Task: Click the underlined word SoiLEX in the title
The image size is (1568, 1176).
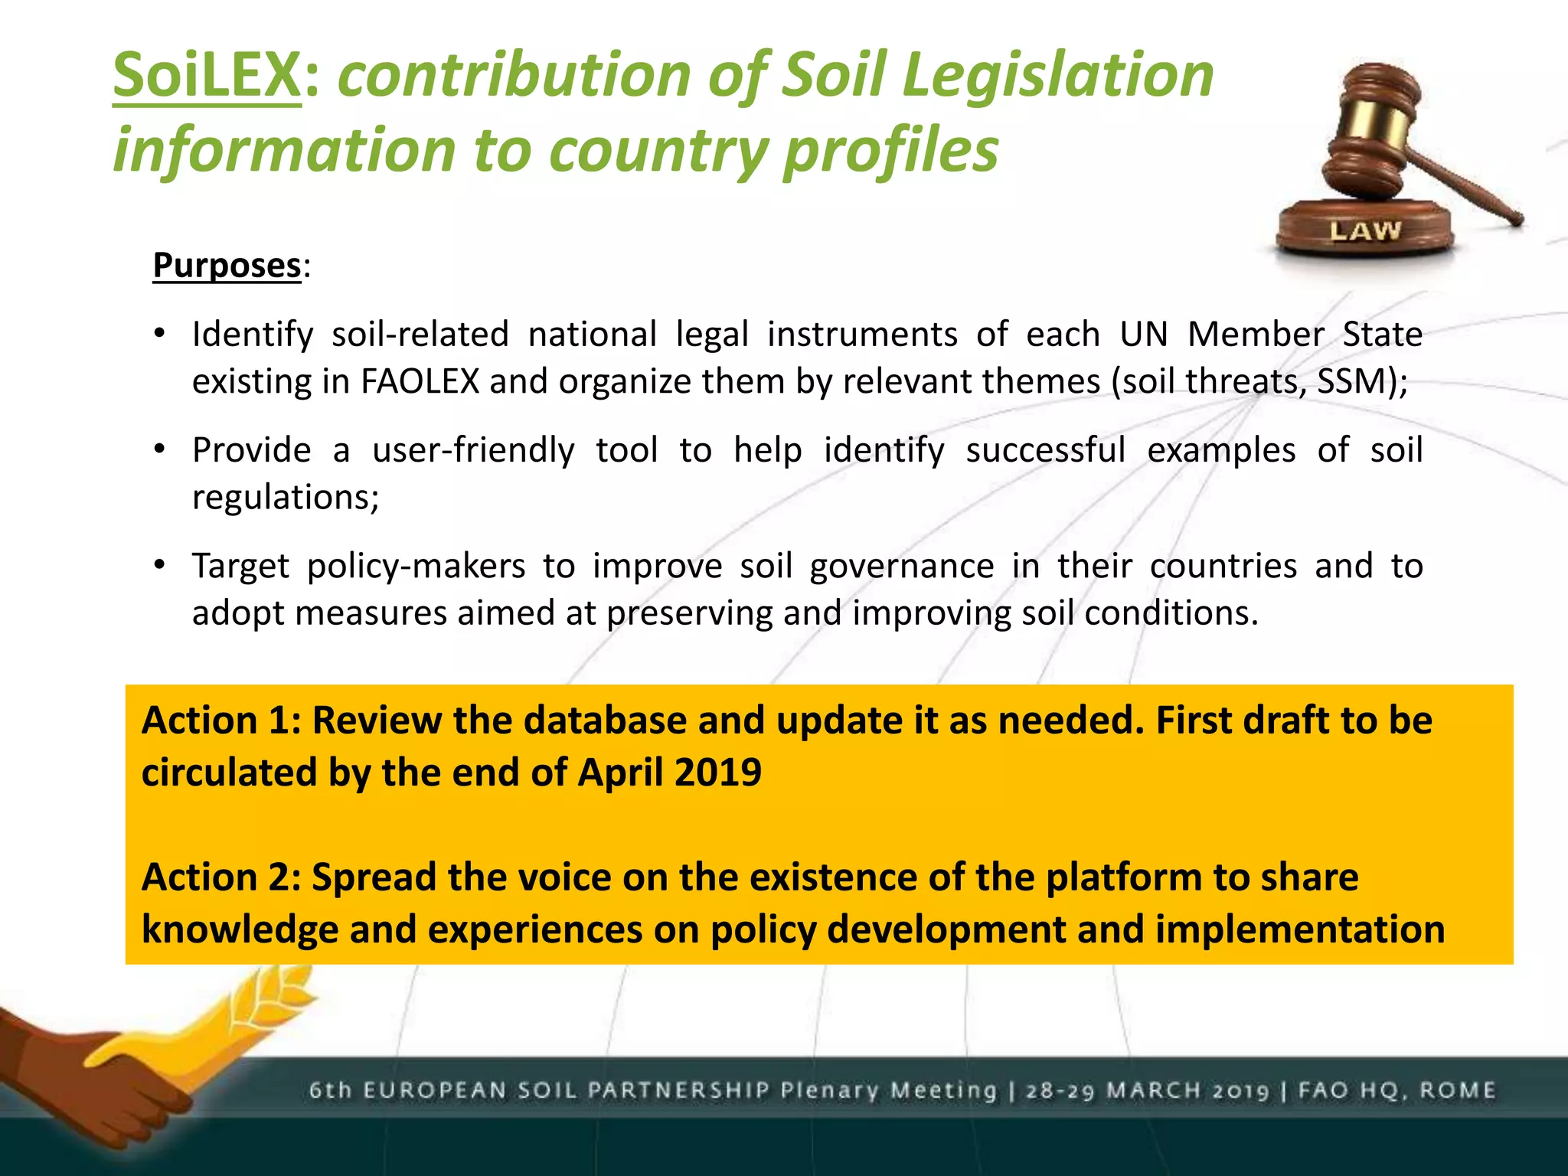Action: coord(207,75)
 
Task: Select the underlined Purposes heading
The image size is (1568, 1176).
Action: coord(227,266)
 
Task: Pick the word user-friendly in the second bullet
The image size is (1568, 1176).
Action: coord(472,450)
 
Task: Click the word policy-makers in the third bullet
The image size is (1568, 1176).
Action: coord(416,567)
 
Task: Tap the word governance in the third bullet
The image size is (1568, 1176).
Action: coord(901,567)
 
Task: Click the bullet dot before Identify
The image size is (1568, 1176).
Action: coord(159,334)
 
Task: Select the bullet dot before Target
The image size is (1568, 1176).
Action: coord(159,566)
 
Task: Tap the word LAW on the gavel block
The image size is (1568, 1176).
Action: coord(1364,230)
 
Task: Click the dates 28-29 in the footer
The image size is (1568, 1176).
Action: coord(1061,1090)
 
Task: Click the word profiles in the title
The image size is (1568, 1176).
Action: coord(890,149)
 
